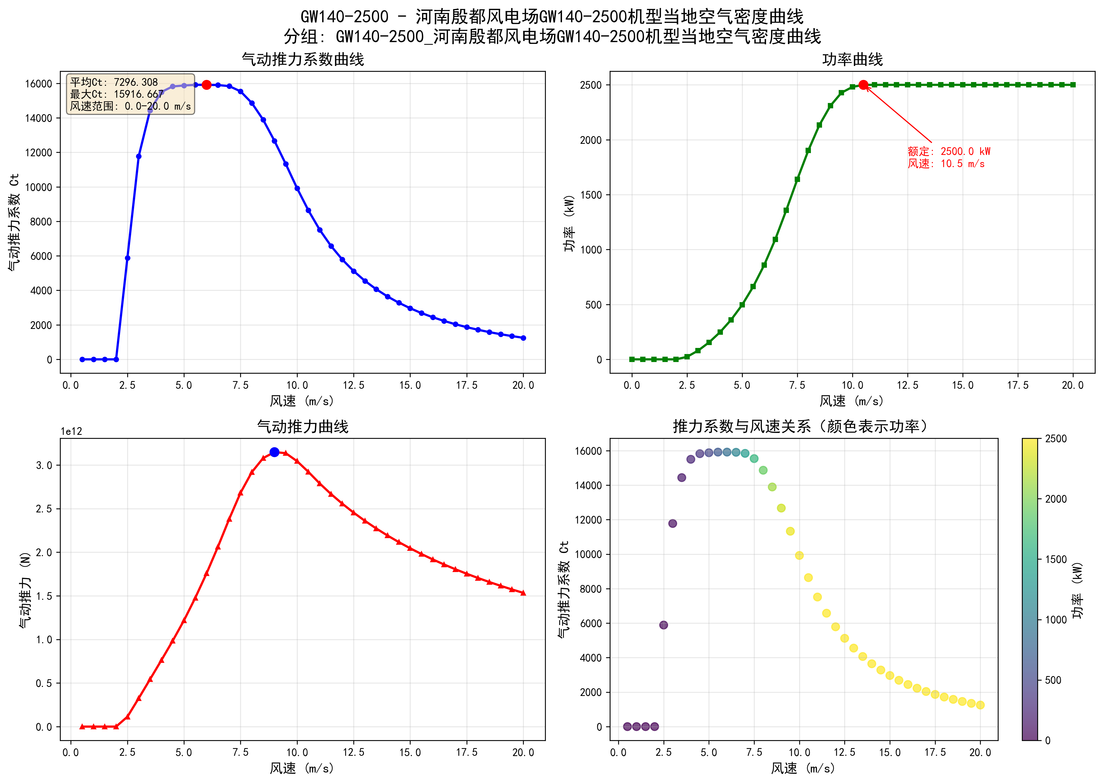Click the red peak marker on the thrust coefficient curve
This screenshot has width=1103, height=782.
tap(206, 85)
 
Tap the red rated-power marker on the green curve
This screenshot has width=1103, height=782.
tap(863, 85)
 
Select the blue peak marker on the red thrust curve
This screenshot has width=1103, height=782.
tap(274, 452)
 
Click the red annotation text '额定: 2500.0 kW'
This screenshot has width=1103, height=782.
tap(948, 151)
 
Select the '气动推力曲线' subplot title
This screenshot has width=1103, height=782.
tap(303, 427)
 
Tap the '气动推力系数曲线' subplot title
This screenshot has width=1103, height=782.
tap(303, 60)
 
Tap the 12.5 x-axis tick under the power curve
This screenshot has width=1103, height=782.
tap(907, 385)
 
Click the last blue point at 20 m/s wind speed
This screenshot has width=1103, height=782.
tap(523, 338)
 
